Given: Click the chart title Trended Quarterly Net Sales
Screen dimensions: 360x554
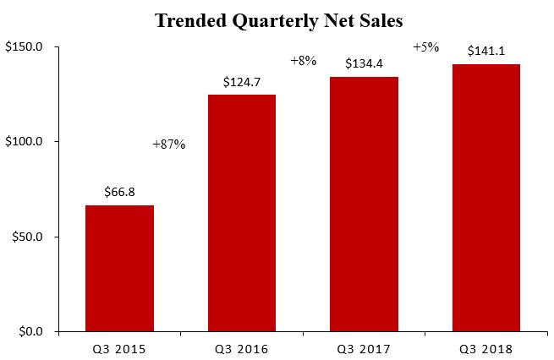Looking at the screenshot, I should (277, 20).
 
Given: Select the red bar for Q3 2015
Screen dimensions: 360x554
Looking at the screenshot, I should (119, 268).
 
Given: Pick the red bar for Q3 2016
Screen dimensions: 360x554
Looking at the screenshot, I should (241, 213).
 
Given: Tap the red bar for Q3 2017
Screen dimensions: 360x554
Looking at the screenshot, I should (364, 204).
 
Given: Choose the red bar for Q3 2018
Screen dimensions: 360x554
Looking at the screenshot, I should (485, 198).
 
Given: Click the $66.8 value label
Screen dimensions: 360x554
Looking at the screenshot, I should (119, 193).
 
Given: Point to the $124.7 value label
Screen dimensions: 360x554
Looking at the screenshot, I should (241, 83).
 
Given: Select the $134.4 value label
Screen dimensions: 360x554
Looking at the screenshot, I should (364, 64).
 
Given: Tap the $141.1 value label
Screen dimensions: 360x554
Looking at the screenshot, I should (485, 52).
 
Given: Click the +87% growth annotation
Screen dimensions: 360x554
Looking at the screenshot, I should (168, 145).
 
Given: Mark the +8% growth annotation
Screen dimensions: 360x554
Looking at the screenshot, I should (302, 61).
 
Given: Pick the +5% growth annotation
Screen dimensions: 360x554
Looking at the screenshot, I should (425, 47).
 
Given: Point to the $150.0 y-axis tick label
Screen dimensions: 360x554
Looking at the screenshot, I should (25, 47).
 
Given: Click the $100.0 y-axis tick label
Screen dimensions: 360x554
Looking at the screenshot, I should (25, 142).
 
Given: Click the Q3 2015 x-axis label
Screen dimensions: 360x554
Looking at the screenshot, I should (119, 348).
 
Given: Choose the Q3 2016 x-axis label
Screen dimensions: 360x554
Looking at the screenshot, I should (241, 348).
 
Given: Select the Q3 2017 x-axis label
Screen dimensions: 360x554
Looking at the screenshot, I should (364, 348).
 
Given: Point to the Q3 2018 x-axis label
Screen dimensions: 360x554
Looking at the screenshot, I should (485, 348).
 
